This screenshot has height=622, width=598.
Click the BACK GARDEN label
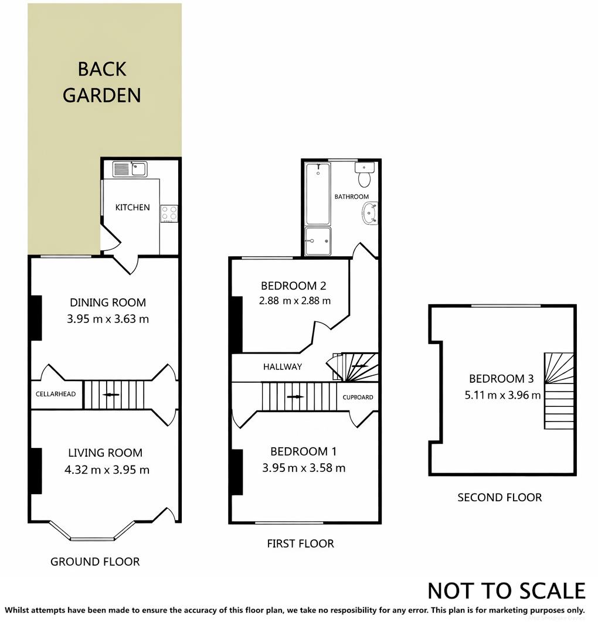102,82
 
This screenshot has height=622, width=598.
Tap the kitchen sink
130,169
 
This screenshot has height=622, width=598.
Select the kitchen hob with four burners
169,214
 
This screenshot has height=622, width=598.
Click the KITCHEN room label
132,208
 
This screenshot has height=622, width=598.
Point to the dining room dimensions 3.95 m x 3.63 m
108,320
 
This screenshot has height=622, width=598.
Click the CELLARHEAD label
56,394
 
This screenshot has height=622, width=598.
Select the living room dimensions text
108,470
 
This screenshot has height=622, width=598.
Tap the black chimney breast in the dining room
36,318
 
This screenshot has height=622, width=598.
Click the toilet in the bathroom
365,174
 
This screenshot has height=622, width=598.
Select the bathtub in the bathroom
318,194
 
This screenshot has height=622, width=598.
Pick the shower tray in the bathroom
318,242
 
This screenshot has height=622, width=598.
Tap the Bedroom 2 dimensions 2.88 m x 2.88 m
294,301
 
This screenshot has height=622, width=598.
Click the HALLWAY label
282,367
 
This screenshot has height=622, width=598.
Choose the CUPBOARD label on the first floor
358,397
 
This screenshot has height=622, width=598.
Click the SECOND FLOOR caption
500,498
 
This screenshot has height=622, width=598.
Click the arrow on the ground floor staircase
110,395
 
